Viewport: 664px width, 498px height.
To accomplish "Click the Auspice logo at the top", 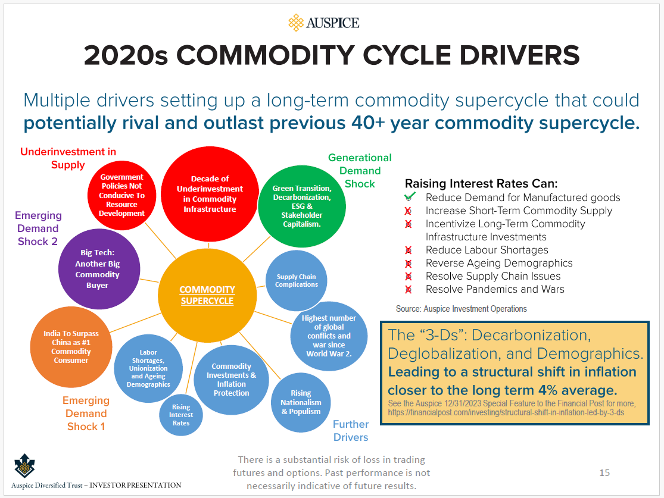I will pyautogui.click(x=323, y=23).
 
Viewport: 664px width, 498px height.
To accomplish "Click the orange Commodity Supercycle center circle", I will pyautogui.click(x=207, y=295).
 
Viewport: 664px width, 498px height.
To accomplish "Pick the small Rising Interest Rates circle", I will pyautogui.click(x=181, y=415).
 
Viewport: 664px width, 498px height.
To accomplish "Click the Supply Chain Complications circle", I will pyautogui.click(x=296, y=281).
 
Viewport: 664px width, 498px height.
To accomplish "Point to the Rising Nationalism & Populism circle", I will pyautogui.click(x=301, y=402).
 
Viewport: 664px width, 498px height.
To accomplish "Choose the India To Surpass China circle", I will pyautogui.click(x=71, y=347).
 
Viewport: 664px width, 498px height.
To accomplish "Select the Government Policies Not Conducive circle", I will pyautogui.click(x=121, y=195).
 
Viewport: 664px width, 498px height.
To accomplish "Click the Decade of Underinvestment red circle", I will pyautogui.click(x=209, y=194).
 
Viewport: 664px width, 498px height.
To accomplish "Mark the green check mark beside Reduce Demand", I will pyautogui.click(x=410, y=197).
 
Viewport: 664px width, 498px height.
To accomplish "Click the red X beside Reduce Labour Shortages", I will pyautogui.click(x=409, y=250).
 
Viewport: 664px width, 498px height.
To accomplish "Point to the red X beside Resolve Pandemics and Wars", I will pyautogui.click(x=409, y=290).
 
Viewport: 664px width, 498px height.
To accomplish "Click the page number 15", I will pyautogui.click(x=604, y=472).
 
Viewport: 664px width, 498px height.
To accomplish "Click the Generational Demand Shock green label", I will pyautogui.click(x=360, y=171).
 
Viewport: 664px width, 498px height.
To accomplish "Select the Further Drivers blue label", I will pyautogui.click(x=350, y=431).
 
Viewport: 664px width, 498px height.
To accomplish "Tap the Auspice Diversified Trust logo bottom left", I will pyautogui.click(x=24, y=466).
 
